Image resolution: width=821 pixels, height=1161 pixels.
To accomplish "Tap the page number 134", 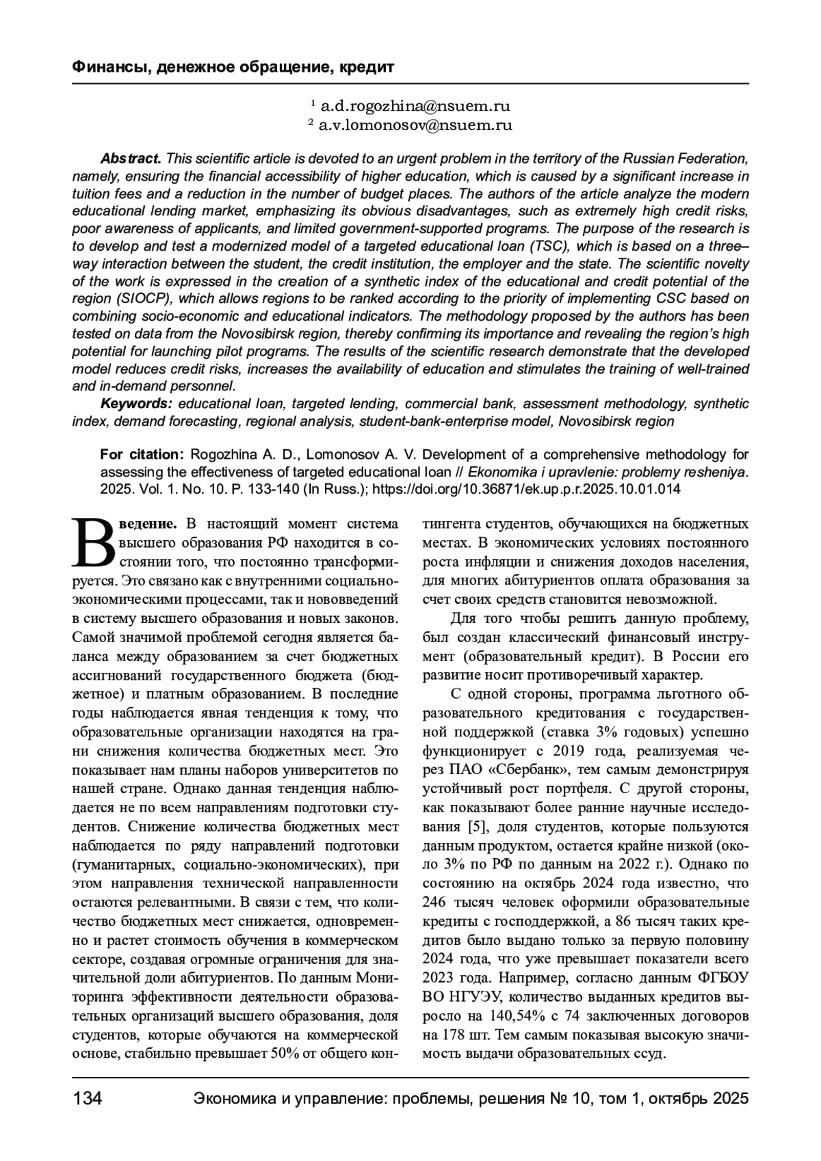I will coord(87,1099).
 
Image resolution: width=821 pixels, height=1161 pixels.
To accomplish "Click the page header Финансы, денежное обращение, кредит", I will coord(233,67).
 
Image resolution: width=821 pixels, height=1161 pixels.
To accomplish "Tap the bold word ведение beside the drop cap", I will coord(148,524).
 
